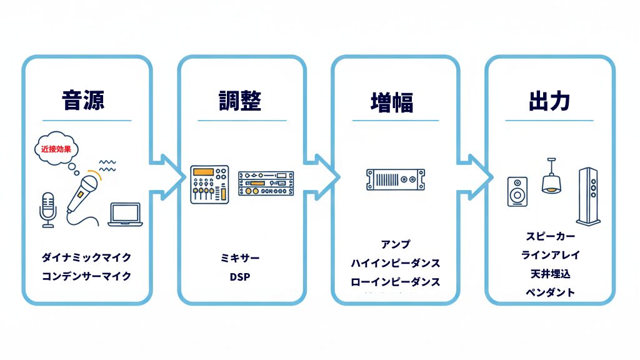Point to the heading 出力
[549, 101]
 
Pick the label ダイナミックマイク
[86, 257]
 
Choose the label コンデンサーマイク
[86, 276]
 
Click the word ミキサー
[241, 258]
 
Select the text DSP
[240, 276]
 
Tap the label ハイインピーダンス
[395, 263]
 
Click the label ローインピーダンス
[395, 282]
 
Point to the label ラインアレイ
[550, 255]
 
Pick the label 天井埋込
[550, 274]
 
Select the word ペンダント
[550, 292]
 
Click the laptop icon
[125, 214]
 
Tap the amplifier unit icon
[395, 179]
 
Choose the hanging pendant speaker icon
[551, 176]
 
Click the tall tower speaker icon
[589, 196]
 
